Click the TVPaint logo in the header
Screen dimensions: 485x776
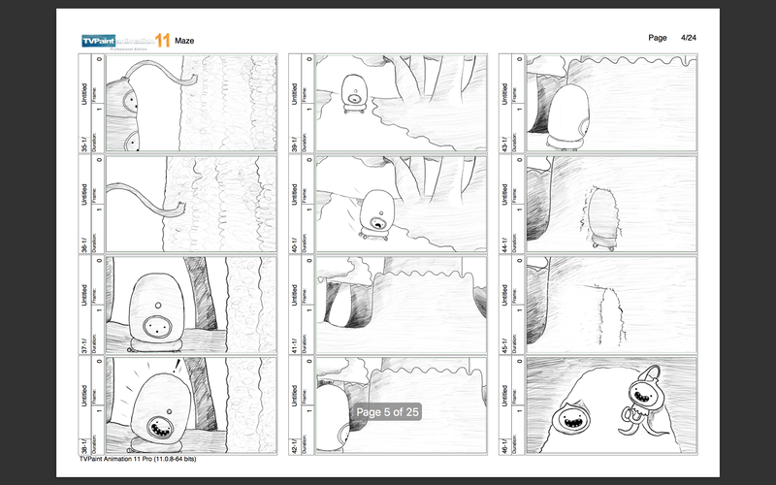tap(125, 40)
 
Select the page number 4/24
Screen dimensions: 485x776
tap(690, 37)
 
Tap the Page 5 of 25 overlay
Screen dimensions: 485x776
tap(387, 412)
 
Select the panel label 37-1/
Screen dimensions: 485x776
tap(85, 341)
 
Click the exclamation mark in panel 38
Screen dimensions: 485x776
tap(178, 367)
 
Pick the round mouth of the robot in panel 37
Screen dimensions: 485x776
tap(154, 322)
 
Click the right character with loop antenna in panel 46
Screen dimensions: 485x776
tap(643, 398)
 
